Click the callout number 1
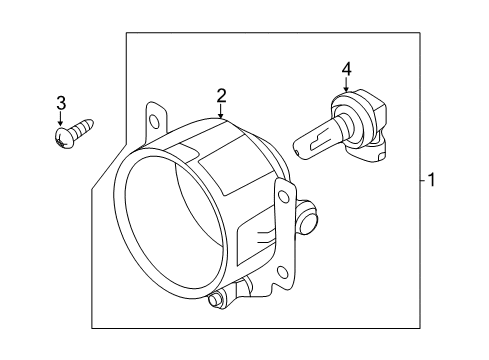[431, 181]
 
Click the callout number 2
[222, 96]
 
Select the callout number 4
[347, 69]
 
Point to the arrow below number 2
[222, 113]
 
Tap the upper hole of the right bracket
[287, 197]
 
